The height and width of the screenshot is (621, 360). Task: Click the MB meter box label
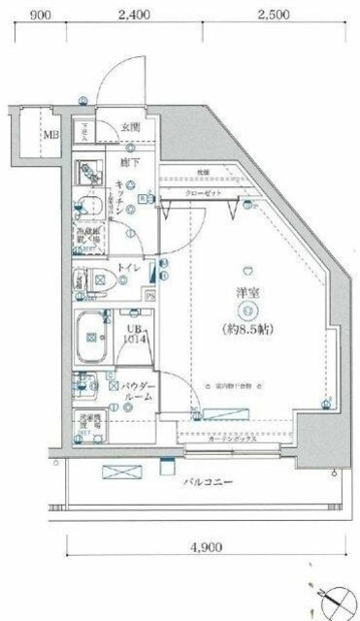49,135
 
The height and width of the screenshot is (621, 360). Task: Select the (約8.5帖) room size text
247,329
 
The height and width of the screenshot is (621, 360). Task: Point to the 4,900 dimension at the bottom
205,547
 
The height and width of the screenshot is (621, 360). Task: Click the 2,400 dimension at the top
133,15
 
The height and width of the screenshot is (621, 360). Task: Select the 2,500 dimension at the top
273,15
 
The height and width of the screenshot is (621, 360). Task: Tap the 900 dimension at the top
40,15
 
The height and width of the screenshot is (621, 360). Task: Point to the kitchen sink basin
90,207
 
